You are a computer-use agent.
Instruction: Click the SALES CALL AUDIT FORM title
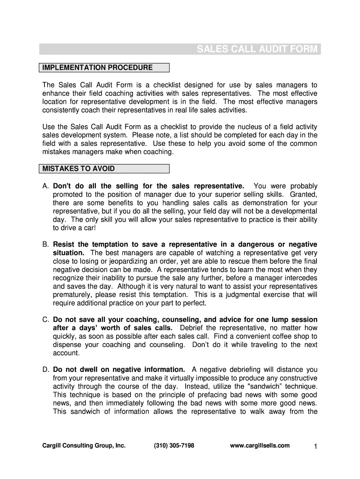(257, 50)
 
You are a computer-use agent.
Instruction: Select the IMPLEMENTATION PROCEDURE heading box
(104, 68)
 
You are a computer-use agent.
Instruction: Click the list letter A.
(46, 186)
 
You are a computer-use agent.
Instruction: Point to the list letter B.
(46, 245)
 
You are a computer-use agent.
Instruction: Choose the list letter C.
(46, 320)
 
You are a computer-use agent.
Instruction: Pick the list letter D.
(46, 370)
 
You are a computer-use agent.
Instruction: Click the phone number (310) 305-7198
(174, 446)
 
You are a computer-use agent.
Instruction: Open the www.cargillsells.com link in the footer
(260, 446)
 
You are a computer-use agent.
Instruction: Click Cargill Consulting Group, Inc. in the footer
(83, 446)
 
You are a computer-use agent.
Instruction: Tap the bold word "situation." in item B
(68, 253)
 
